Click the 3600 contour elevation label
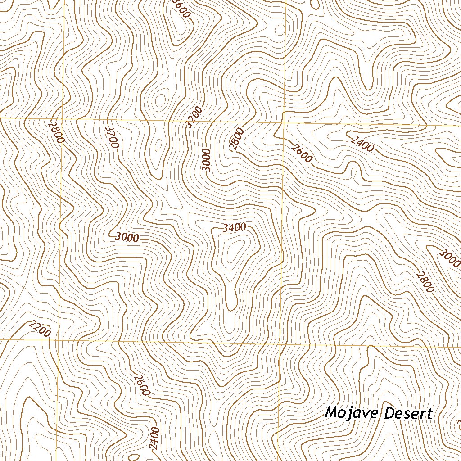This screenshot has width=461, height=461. point(182,9)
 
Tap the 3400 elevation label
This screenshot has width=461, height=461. point(234,228)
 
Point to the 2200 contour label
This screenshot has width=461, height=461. point(39,329)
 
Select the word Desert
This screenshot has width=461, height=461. point(408,413)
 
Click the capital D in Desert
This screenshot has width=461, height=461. point(390,412)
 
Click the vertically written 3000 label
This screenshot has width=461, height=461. point(206,160)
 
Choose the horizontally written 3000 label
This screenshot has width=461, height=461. point(127,237)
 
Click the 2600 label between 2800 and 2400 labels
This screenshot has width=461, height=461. point(302,153)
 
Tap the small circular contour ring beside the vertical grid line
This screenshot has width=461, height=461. point(280,30)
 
